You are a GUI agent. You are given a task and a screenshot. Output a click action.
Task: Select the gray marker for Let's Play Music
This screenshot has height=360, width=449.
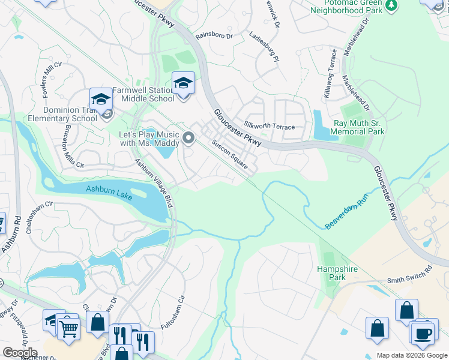[x=189, y=139]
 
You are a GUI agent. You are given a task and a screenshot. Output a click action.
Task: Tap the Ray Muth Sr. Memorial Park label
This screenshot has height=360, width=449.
[x=358, y=127]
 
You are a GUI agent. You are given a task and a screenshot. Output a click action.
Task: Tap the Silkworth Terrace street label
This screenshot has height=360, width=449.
[x=269, y=127]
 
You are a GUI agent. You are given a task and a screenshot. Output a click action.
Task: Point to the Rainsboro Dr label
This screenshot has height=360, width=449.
[x=214, y=36]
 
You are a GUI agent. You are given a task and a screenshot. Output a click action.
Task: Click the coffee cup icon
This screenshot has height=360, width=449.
[x=423, y=334]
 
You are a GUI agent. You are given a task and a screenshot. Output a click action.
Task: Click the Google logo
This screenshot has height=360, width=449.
[x=19, y=353]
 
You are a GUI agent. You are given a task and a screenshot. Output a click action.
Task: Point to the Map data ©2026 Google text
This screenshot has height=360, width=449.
[x=411, y=355]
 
